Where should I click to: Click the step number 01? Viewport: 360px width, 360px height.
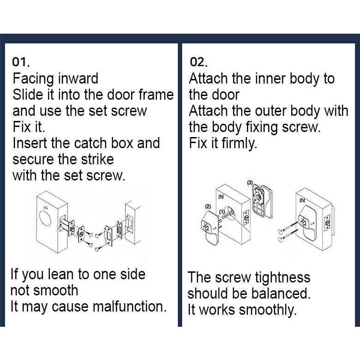point(21,62)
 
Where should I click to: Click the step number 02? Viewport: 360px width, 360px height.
point(198,62)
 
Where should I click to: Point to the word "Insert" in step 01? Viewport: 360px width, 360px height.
point(30,143)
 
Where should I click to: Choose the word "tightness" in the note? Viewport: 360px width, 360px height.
point(282,277)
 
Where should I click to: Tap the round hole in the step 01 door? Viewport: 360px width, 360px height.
point(45,219)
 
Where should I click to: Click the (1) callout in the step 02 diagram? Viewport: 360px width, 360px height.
point(222,212)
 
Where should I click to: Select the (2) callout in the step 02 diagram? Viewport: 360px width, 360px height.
point(208,207)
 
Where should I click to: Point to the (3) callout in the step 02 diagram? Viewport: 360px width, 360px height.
point(250,182)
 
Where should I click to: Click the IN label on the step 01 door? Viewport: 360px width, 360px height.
point(45,208)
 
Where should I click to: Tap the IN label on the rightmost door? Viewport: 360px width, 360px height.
point(302,200)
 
